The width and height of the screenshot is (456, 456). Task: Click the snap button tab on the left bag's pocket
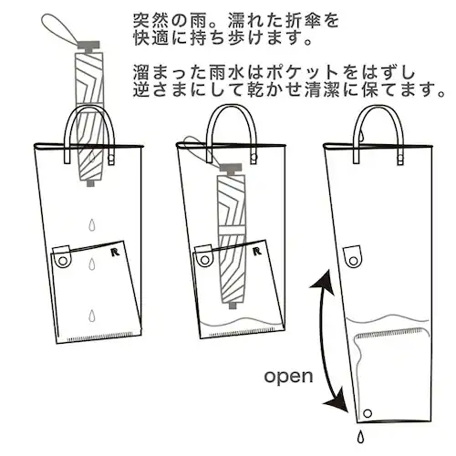pos(62,259)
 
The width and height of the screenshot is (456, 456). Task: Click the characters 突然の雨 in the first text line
pos(156,20)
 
